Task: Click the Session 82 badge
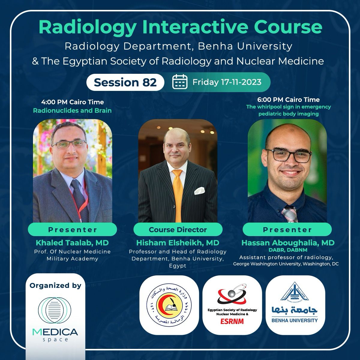tap(125, 82)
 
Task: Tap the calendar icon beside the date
tap(180, 82)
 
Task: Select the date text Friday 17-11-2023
tap(227, 82)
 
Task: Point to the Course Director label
tap(178, 229)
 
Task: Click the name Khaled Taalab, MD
tap(72, 243)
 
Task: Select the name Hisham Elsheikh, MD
tap(178, 243)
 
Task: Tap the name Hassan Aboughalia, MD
tap(288, 243)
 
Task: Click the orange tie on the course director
tap(177, 194)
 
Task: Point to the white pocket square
tap(199, 190)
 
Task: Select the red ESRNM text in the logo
tap(232, 321)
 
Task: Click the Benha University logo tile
tap(295, 305)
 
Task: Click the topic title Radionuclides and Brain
tap(72, 111)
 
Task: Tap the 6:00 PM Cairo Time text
tap(288, 100)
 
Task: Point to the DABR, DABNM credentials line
tap(288, 250)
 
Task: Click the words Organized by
tap(55, 286)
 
